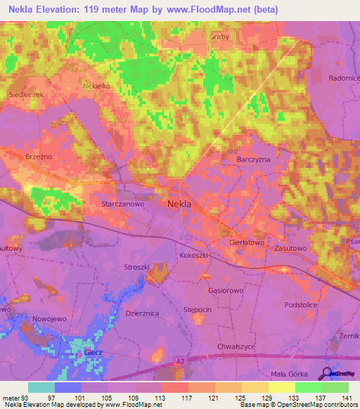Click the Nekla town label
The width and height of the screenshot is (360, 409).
pyautogui.click(x=181, y=204)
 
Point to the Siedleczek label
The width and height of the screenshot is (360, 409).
pyautogui.click(x=26, y=93)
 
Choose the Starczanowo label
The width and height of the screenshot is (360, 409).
pyautogui.click(x=123, y=203)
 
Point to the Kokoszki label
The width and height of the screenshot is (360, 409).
pyautogui.click(x=194, y=255)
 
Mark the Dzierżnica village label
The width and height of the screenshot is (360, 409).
pyautogui.click(x=142, y=313)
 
